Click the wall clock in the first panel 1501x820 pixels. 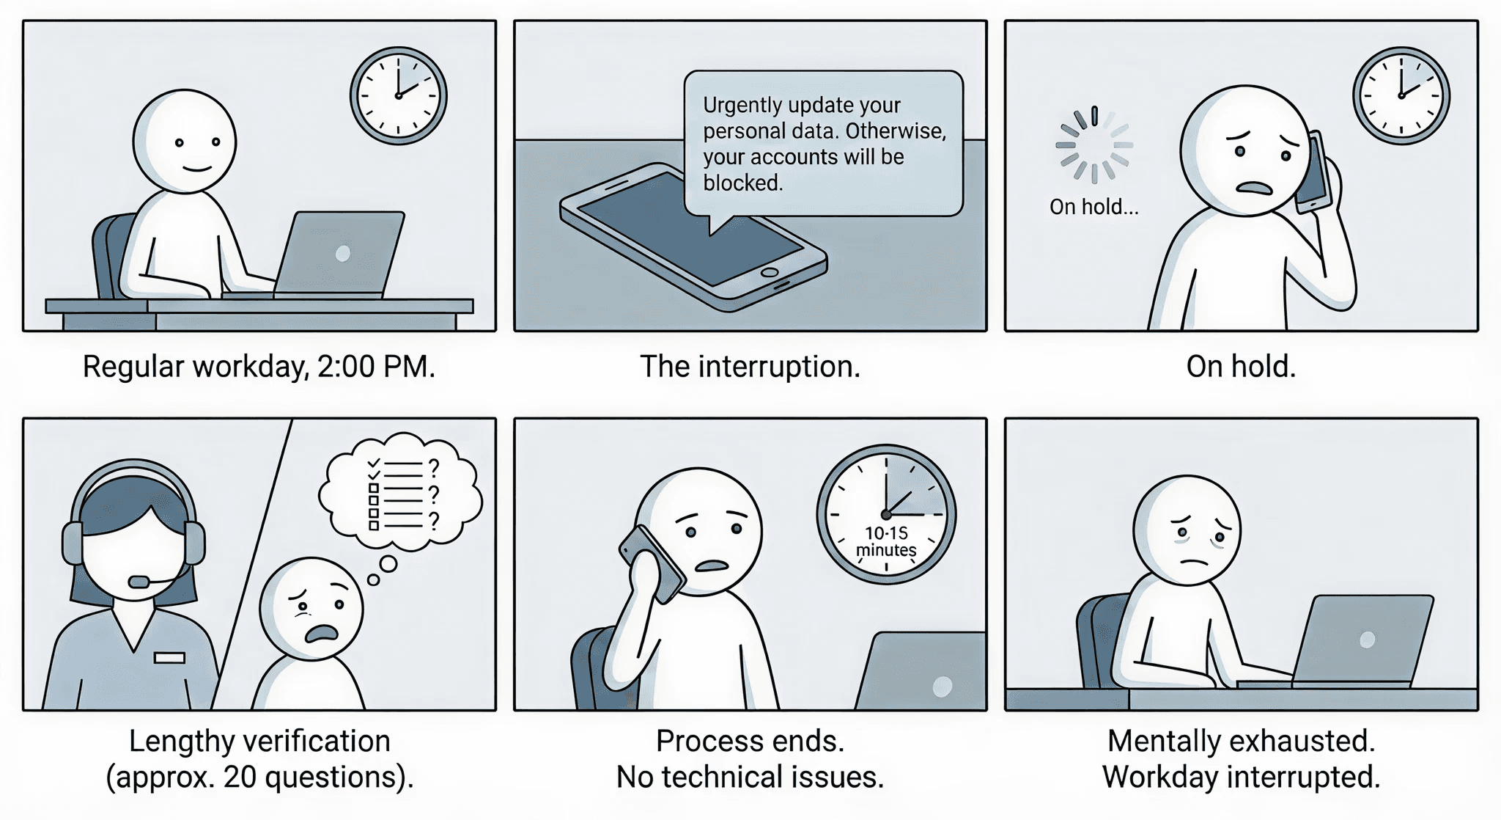click(398, 95)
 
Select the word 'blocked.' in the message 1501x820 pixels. click(743, 183)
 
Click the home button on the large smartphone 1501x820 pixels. click(770, 272)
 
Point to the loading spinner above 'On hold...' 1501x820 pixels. click(1094, 144)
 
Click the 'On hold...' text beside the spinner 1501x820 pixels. click(1094, 207)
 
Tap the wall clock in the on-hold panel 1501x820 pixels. click(1401, 95)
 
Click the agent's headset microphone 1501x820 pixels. click(139, 582)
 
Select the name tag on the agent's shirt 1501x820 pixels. click(169, 657)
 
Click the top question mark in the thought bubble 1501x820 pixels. click(434, 467)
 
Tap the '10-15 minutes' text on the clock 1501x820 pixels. click(886, 542)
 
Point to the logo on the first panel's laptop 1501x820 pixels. click(342, 254)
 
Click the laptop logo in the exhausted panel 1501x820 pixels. click(1367, 640)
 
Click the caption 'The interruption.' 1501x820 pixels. click(750, 367)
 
